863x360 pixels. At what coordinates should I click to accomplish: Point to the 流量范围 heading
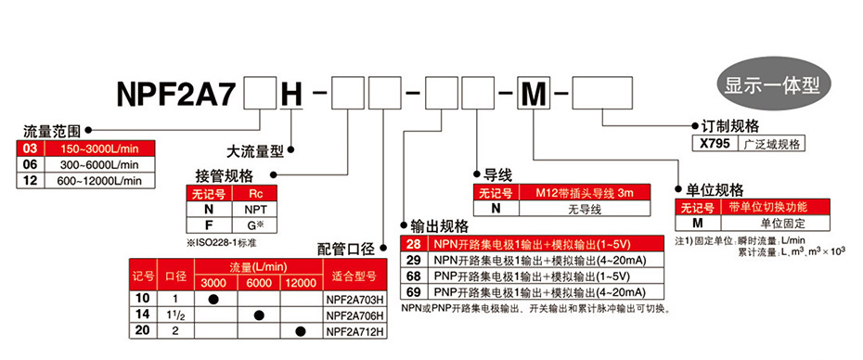[x=53, y=132]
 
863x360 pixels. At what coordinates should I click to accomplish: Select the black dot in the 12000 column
[x=300, y=331]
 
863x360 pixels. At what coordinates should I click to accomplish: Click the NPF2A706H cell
[x=354, y=315]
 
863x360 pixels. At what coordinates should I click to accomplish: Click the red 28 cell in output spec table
[x=414, y=244]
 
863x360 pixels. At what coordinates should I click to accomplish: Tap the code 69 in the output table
[x=414, y=291]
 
